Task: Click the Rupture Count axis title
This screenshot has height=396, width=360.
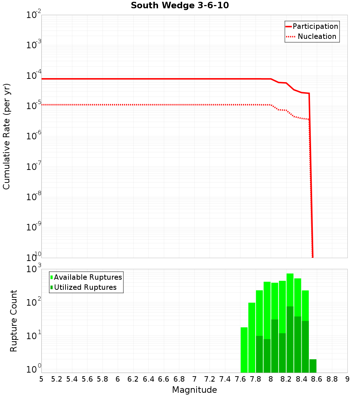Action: pos(14,321)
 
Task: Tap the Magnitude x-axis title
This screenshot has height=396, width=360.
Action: pos(194,390)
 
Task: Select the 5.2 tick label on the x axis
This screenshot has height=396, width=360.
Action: pos(57,379)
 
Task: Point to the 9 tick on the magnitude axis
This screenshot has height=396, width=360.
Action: pos(347,379)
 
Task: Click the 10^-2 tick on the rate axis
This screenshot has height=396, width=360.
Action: pos(34,15)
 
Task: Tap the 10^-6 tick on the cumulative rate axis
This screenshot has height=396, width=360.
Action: pos(34,136)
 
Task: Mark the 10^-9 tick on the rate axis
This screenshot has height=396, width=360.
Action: pos(34,228)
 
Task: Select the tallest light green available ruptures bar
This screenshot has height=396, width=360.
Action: pos(290,288)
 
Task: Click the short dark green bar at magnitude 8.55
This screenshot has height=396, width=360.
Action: pos(313,366)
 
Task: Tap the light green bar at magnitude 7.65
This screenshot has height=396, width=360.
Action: pos(244,349)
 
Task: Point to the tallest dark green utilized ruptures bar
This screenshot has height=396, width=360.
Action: pos(290,338)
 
